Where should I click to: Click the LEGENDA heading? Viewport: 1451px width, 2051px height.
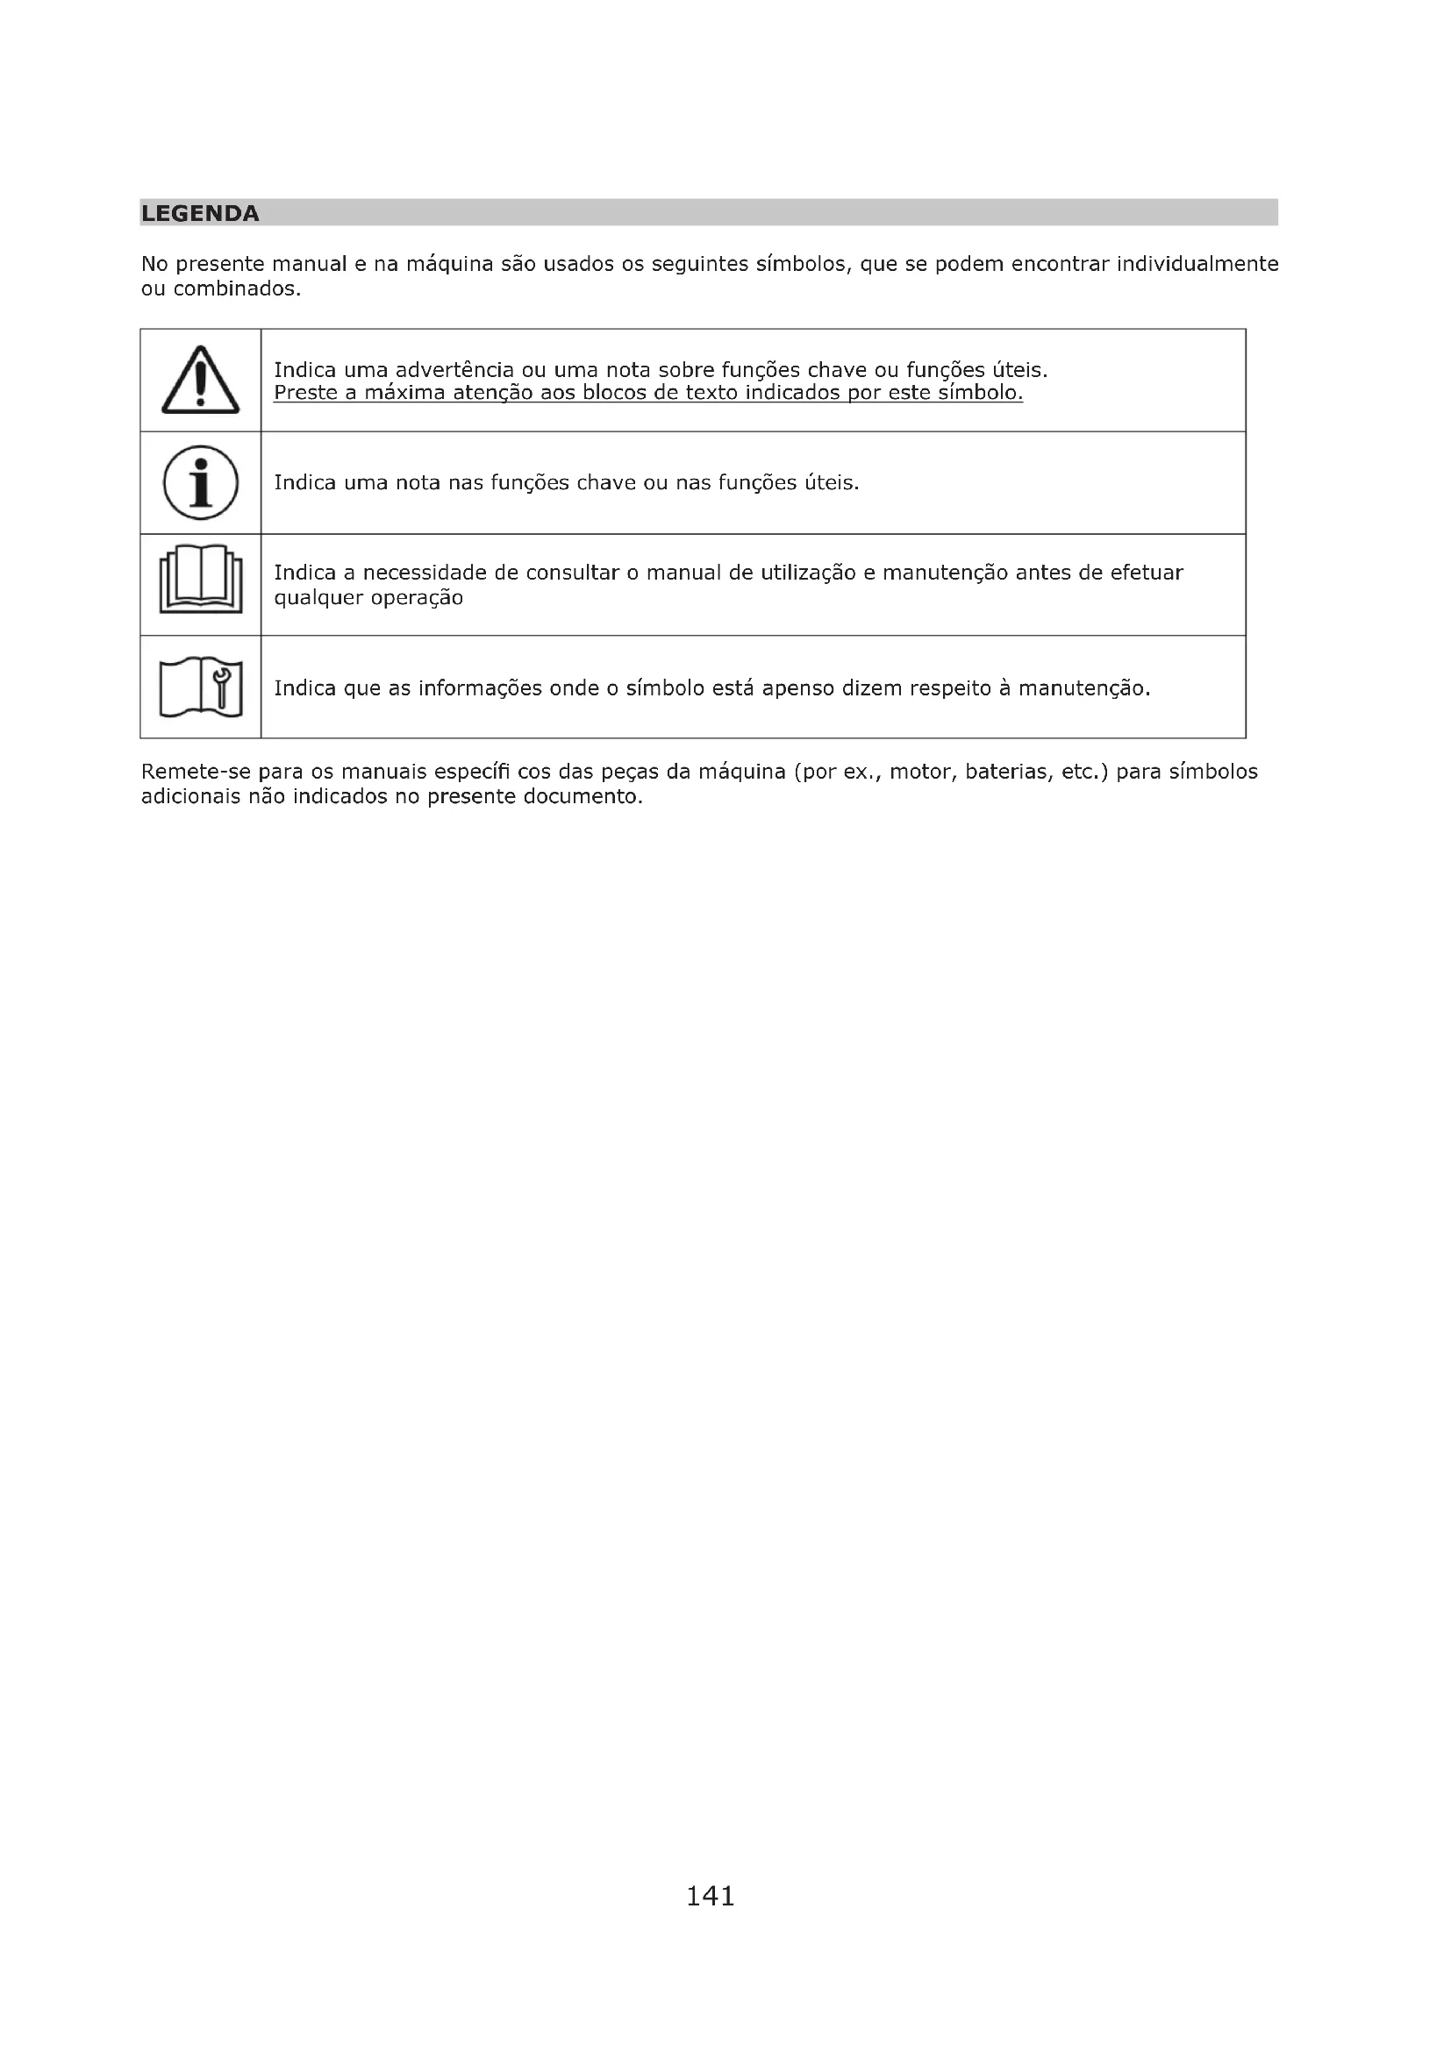click(x=200, y=213)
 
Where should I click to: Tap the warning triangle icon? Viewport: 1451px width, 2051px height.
click(x=200, y=381)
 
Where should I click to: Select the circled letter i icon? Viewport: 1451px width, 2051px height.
click(x=200, y=483)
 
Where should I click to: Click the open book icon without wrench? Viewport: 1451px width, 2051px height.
click(x=200, y=580)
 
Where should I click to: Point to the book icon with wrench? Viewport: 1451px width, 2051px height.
click(x=200, y=687)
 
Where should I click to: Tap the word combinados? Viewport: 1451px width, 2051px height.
click(x=237, y=289)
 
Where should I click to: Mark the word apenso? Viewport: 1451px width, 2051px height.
click(x=797, y=688)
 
